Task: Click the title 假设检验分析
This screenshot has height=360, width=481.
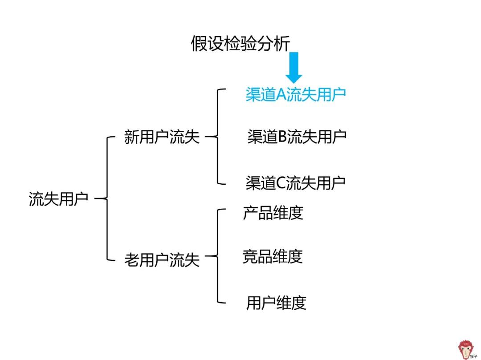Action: pyautogui.click(x=240, y=44)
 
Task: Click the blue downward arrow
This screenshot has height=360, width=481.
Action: pyautogui.click(x=294, y=68)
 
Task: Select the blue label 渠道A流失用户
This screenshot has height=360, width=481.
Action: pyautogui.click(x=296, y=94)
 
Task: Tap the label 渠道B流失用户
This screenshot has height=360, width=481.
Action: pyautogui.click(x=297, y=137)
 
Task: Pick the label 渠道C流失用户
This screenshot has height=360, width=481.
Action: pyautogui.click(x=296, y=183)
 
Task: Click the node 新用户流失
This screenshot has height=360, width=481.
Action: pyautogui.click(x=162, y=137)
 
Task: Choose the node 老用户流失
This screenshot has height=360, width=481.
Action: pyautogui.click(x=162, y=260)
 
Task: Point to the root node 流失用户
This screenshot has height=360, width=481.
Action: pyautogui.click(x=59, y=198)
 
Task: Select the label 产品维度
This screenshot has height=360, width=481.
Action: pyautogui.click(x=273, y=213)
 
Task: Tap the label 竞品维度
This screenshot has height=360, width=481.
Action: pyautogui.click(x=273, y=256)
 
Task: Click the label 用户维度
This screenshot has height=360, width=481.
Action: pyautogui.click(x=276, y=303)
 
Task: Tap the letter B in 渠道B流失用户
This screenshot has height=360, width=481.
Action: pyautogui.click(x=283, y=137)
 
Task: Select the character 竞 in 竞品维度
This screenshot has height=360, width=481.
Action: pyautogui.click(x=250, y=256)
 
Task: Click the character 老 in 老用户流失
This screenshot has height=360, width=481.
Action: pyautogui.click(x=131, y=260)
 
